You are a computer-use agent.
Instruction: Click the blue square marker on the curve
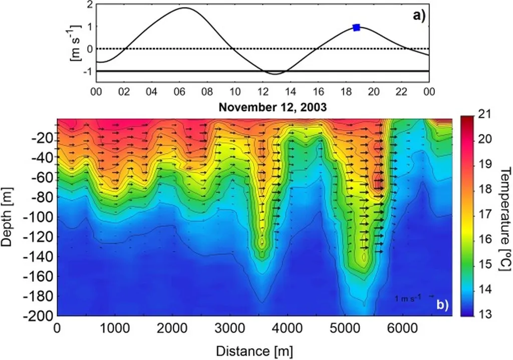(x=357, y=28)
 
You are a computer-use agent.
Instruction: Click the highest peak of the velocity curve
(x=184, y=8)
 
